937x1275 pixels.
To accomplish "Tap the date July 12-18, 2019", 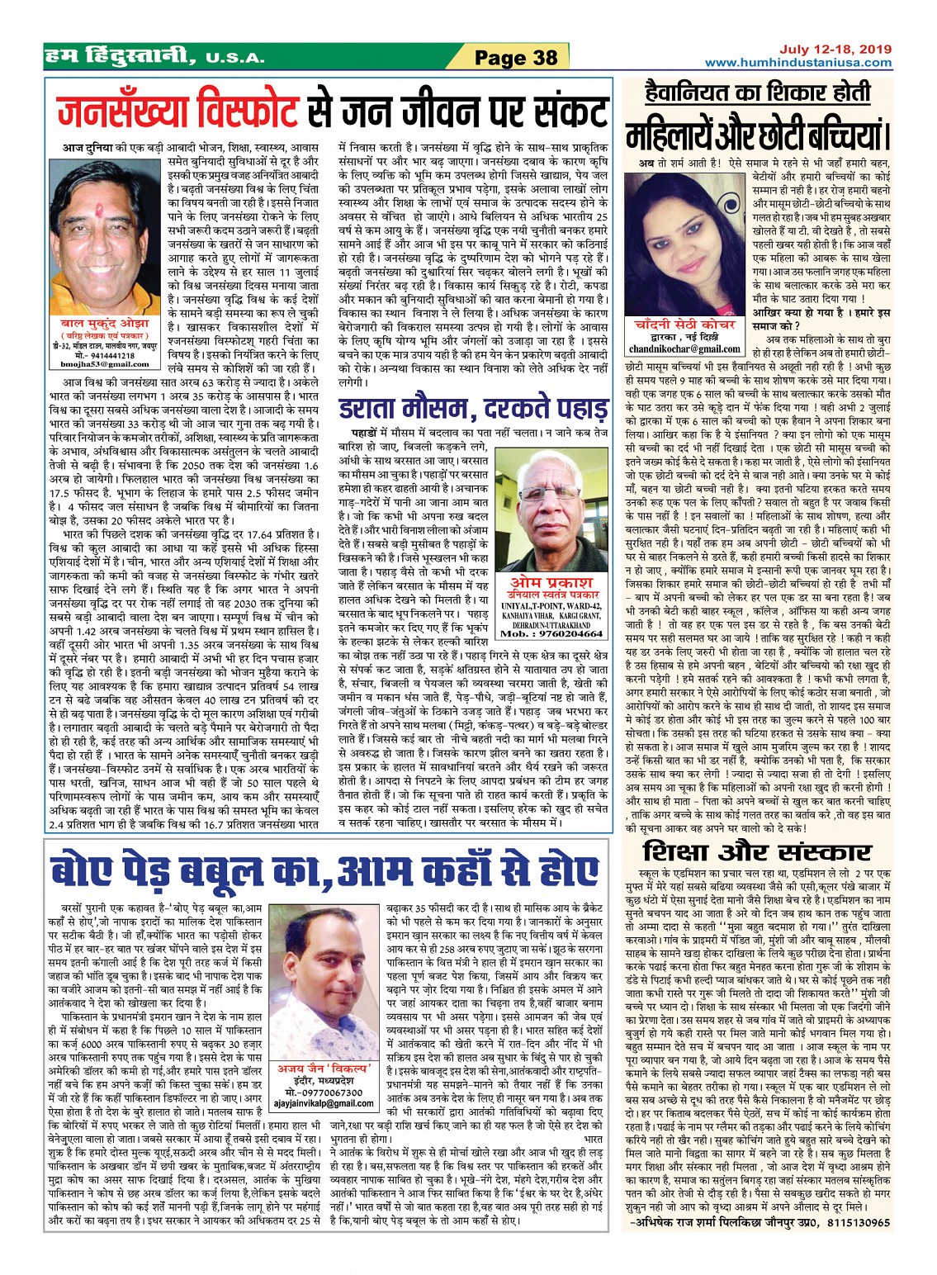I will pyautogui.click(x=835, y=49).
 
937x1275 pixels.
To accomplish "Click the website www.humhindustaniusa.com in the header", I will pyautogui.click(x=797, y=63).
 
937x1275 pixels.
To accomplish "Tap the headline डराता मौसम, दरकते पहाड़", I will pyautogui.click(x=472, y=409).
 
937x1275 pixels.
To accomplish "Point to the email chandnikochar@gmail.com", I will pyautogui.click(x=685, y=349).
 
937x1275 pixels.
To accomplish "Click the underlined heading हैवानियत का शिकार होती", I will pyautogui.click(x=755, y=92).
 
